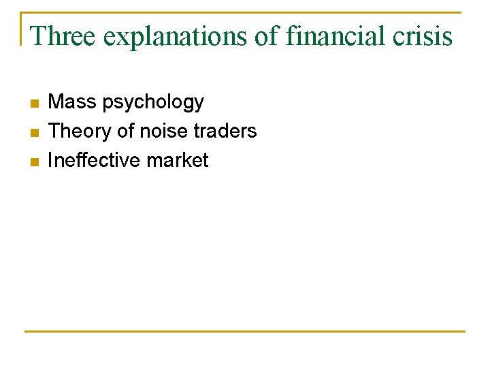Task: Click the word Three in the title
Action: pos(63,35)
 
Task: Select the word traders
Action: pos(225,131)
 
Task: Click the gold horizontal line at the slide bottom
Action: pos(245,331)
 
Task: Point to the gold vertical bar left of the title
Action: pos(22,29)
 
